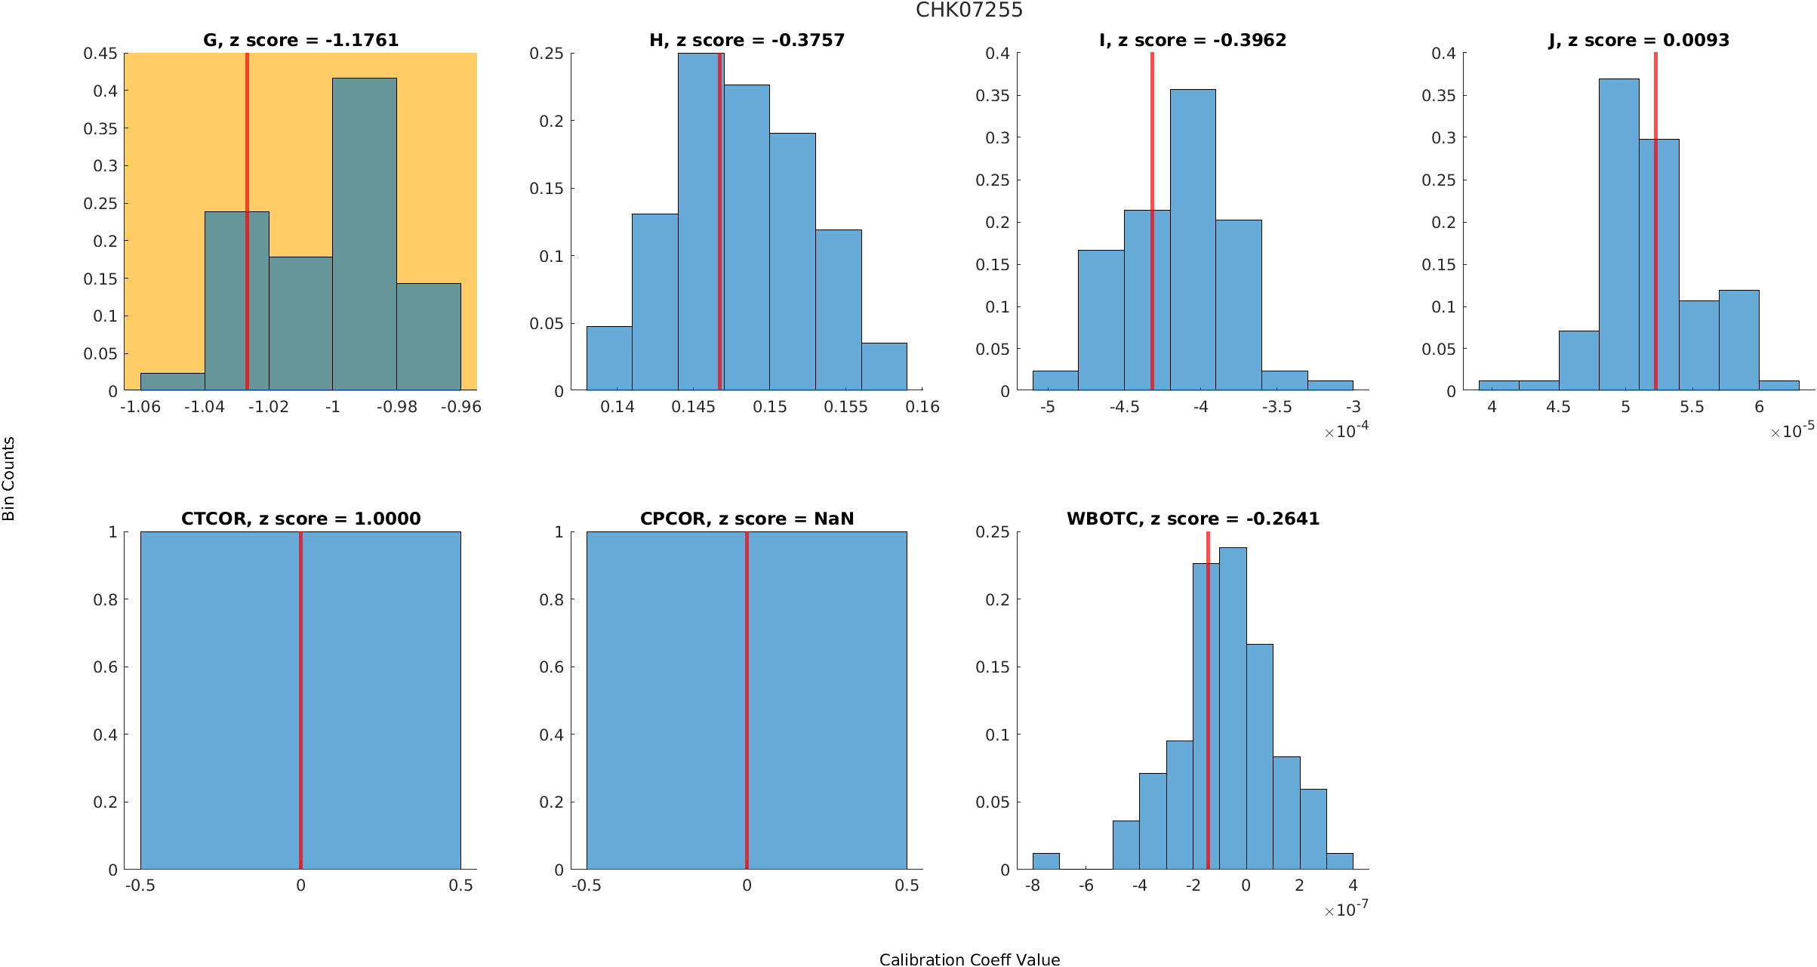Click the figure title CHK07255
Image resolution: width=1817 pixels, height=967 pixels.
pyautogui.click(x=969, y=10)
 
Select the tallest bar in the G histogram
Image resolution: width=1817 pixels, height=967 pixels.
pyautogui.click(x=364, y=234)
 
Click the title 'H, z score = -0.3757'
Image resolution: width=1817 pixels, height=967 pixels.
pyautogui.click(x=747, y=40)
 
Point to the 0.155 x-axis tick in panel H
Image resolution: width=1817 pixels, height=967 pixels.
pyautogui.click(x=845, y=407)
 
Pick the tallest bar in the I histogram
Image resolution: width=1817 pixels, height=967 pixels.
pyautogui.click(x=1193, y=239)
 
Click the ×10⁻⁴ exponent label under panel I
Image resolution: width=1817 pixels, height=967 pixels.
pyautogui.click(x=1346, y=431)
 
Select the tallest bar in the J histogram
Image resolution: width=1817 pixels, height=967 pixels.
pyautogui.click(x=1618, y=234)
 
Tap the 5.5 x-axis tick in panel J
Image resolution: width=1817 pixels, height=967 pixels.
pyautogui.click(x=1692, y=407)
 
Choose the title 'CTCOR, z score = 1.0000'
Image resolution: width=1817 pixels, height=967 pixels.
pyautogui.click(x=300, y=519)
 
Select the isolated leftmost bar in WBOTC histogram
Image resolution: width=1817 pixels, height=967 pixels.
pyautogui.click(x=1046, y=861)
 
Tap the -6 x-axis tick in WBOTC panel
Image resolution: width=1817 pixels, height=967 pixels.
pyautogui.click(x=1086, y=885)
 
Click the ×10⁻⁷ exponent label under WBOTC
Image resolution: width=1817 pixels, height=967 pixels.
pyautogui.click(x=1346, y=910)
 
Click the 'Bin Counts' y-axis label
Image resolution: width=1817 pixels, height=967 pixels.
pyautogui.click(x=9, y=479)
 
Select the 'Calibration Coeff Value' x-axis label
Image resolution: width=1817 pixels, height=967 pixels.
pyautogui.click(x=969, y=959)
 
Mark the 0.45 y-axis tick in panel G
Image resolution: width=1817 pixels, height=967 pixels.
pyautogui.click(x=100, y=54)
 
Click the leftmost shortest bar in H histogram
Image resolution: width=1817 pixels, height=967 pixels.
pyautogui.click(x=609, y=358)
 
